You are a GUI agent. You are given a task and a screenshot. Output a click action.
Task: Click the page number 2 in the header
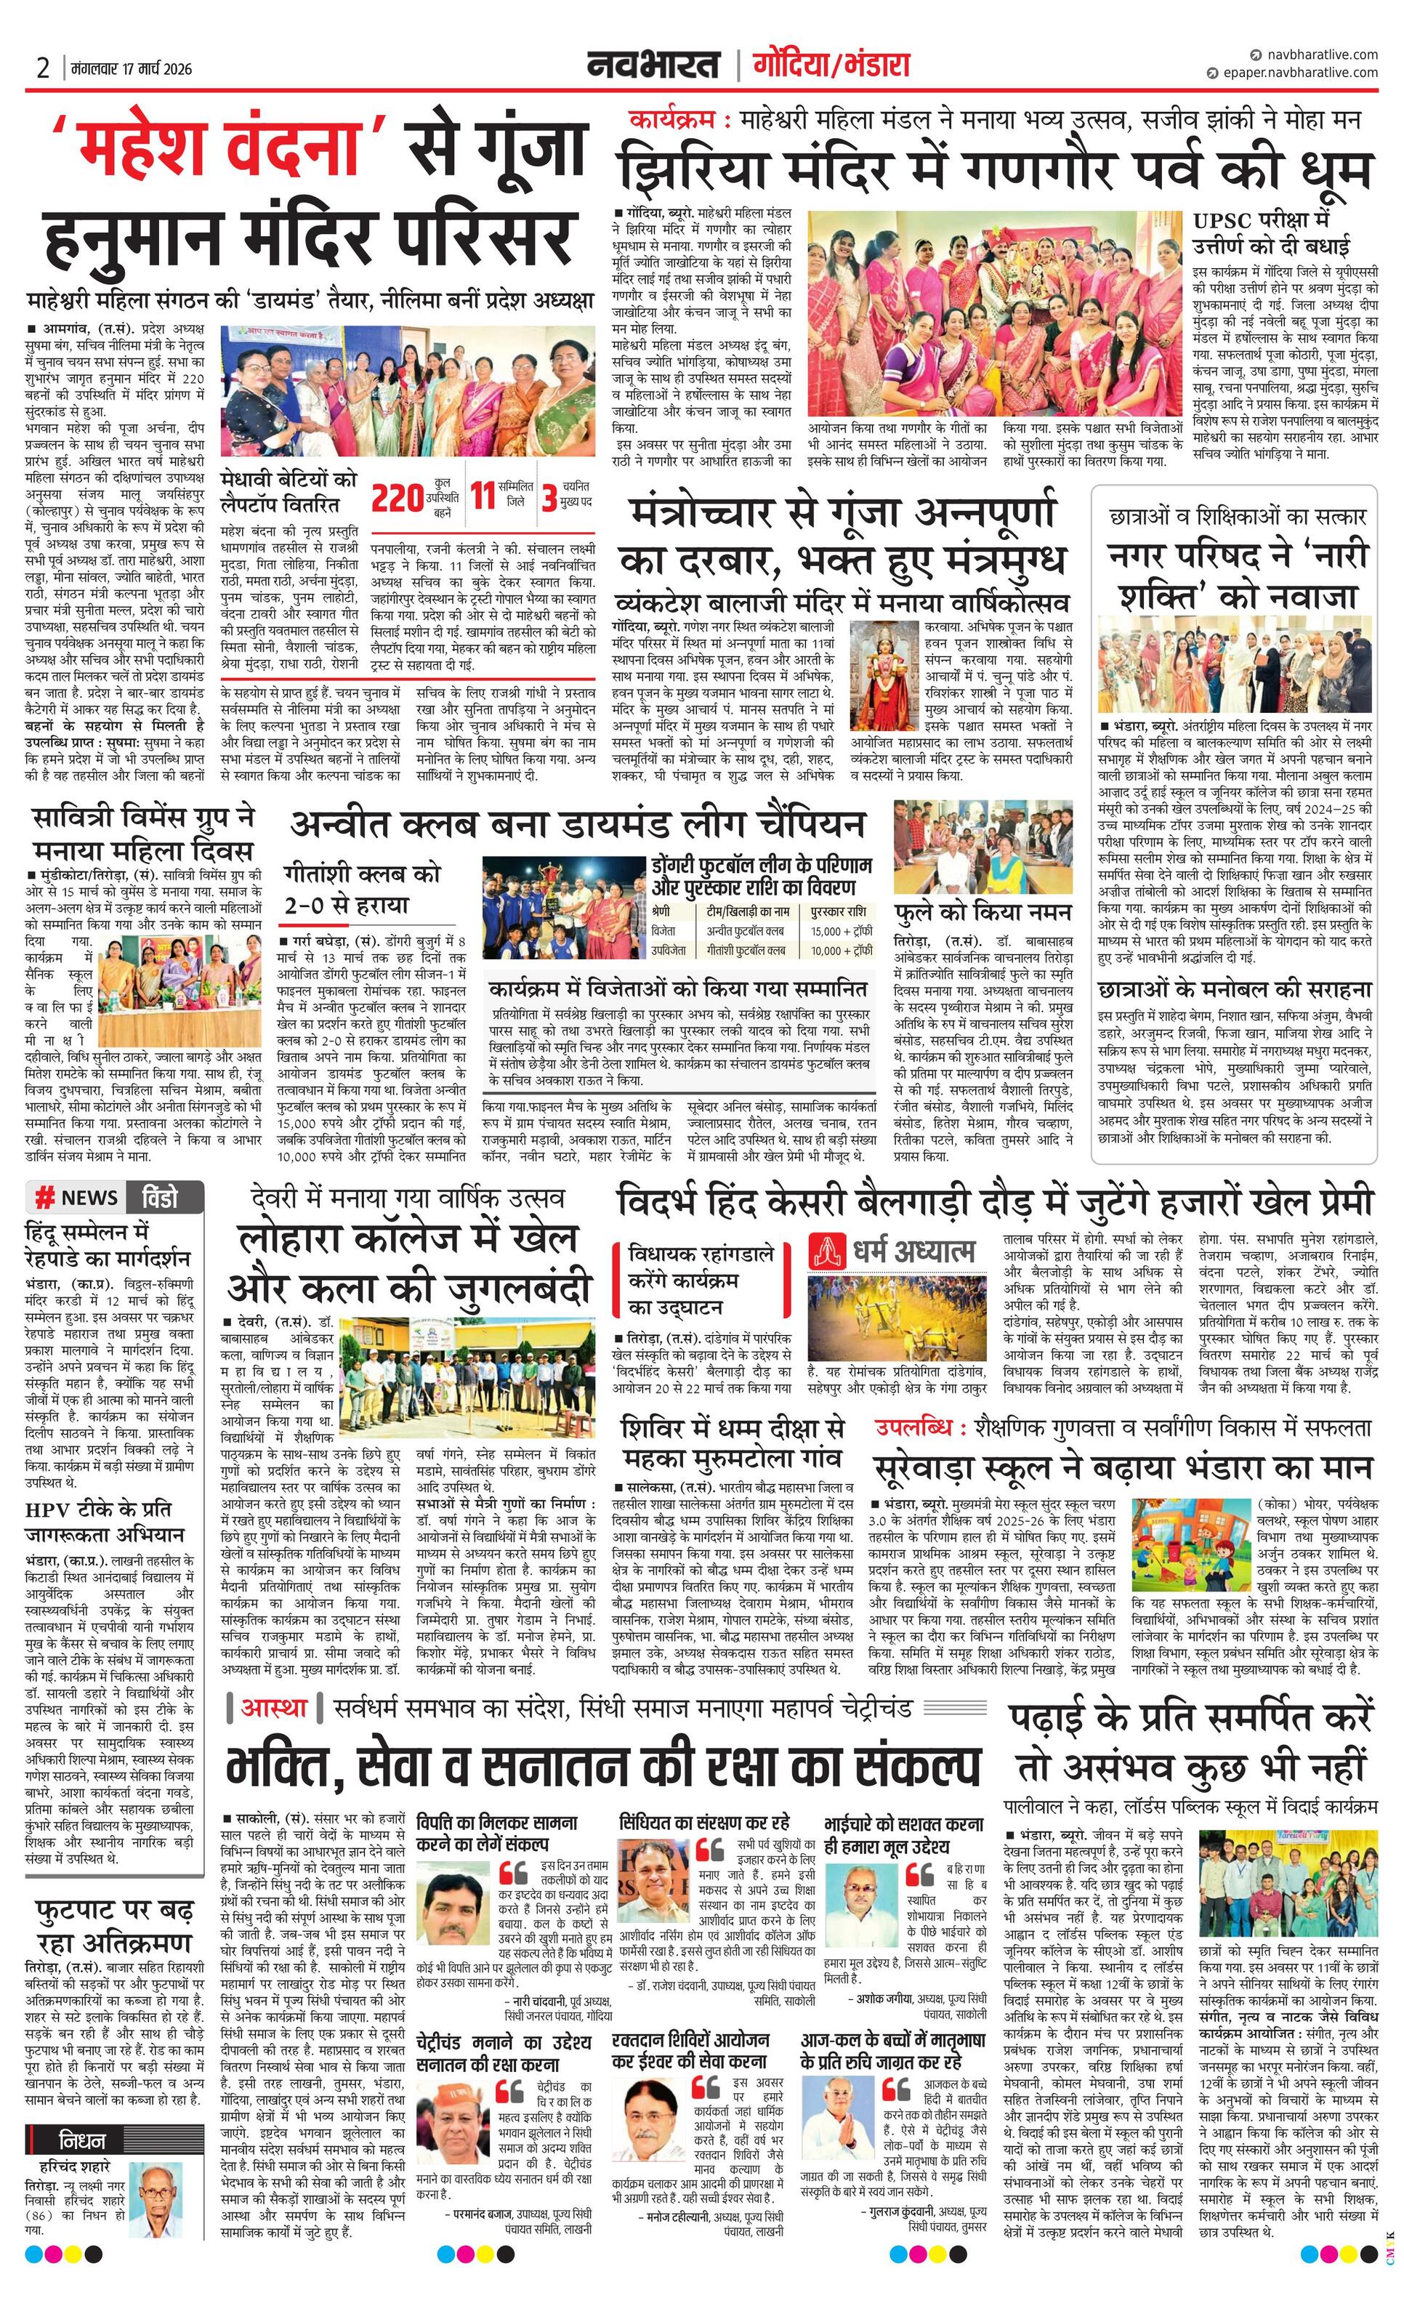point(43,68)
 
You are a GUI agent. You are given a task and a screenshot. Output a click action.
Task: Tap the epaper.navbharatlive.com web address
point(1300,72)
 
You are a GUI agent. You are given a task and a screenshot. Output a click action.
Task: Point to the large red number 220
point(398,498)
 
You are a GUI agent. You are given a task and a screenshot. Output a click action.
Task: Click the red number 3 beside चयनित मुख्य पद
point(549,498)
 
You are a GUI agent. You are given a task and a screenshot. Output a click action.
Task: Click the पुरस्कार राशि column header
point(839,911)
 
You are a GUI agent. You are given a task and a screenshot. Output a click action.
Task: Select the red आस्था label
point(274,1707)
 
